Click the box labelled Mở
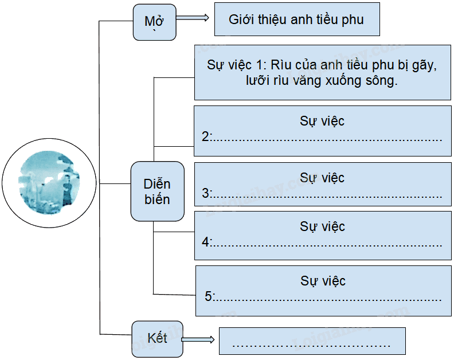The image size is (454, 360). point(154,22)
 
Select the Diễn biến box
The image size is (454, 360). point(157,191)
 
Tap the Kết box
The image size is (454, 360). point(157,339)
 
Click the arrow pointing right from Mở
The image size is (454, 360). point(192,18)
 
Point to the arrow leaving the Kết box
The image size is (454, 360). point(198,339)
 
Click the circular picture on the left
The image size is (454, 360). point(49,183)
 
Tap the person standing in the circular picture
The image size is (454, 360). point(67,190)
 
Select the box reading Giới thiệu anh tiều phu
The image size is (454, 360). point(297,19)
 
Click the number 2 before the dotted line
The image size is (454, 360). point(205,136)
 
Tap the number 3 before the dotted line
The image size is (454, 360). point(205,193)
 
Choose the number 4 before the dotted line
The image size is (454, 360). point(205,242)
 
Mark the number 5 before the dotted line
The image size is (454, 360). point(208,296)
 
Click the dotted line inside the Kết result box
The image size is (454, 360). point(311,346)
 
